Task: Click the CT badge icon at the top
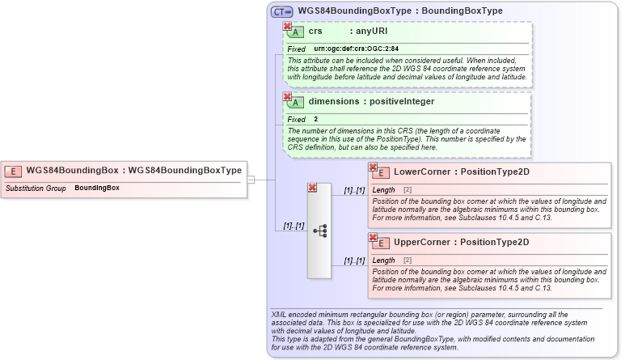pos(281,11)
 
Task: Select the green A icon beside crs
pos(296,32)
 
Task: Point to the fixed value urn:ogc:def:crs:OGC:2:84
pos(356,49)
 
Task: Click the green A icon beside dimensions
pos(296,103)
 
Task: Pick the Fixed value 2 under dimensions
pos(316,120)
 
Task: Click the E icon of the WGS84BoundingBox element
pos(13,171)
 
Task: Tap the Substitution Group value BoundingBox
pos(97,188)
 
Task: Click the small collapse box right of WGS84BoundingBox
pos(251,180)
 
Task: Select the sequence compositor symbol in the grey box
pos(319,231)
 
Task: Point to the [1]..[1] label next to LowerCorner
pos(354,190)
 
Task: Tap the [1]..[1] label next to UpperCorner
pos(354,260)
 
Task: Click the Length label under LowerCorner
pos(383,190)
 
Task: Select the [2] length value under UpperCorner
pos(408,260)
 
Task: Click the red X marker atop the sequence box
pos(312,188)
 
